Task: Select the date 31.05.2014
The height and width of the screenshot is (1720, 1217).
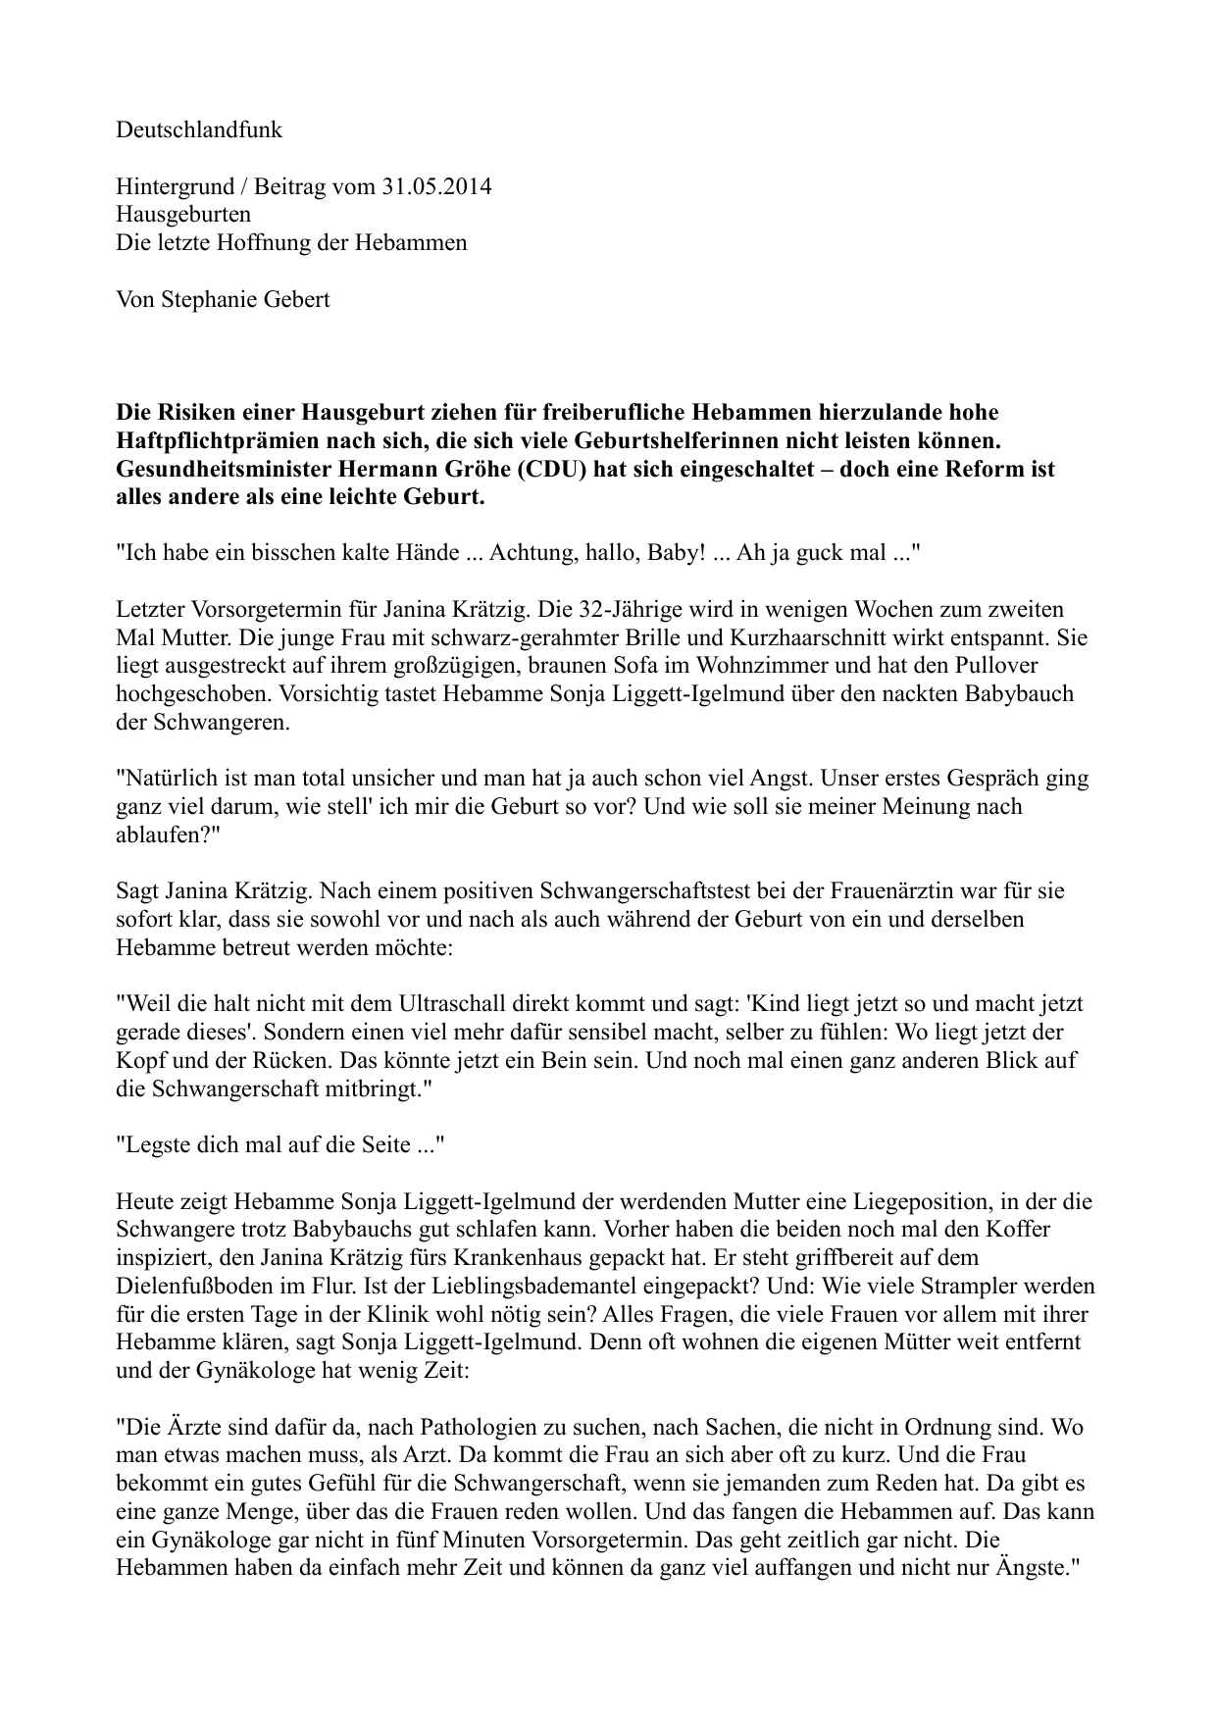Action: click(x=434, y=186)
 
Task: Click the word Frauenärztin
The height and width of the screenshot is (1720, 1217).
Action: click(x=904, y=892)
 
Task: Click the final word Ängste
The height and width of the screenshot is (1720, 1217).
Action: click(x=1033, y=1569)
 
